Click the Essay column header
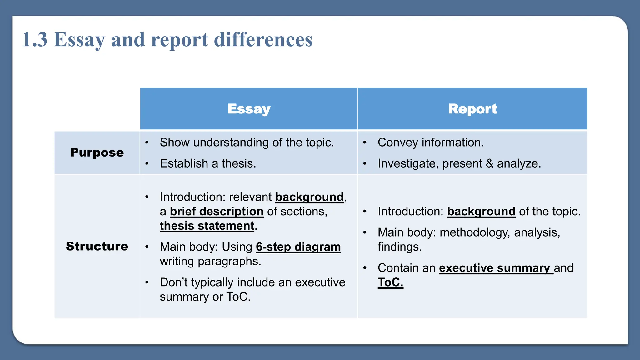pyautogui.click(x=249, y=109)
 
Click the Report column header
pyautogui.click(x=472, y=109)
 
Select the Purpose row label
pyautogui.click(x=97, y=152)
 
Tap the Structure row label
pyautogui.click(x=97, y=246)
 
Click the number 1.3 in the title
pyautogui.click(x=35, y=40)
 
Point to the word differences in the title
pyautogui.click(x=263, y=40)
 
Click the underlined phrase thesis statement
pyautogui.click(x=207, y=226)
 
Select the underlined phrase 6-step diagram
pyautogui.click(x=298, y=247)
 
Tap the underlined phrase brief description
pyautogui.click(x=217, y=212)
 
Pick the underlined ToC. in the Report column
pyautogui.click(x=390, y=282)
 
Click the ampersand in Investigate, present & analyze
pyautogui.click(x=489, y=163)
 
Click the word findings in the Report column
pyautogui.click(x=399, y=247)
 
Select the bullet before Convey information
pyautogui.click(x=365, y=142)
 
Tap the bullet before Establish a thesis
pyautogui.click(x=147, y=163)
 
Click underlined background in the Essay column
pyautogui.click(x=309, y=197)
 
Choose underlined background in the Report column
pyautogui.click(x=481, y=212)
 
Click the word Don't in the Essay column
pyautogui.click(x=174, y=282)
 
